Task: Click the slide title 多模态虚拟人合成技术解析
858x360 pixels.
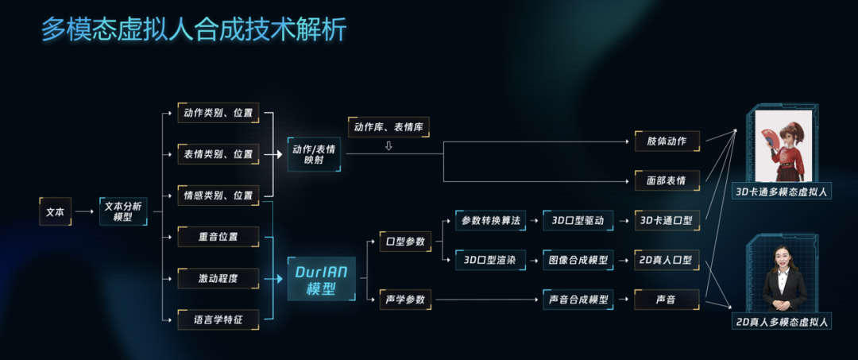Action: [194, 30]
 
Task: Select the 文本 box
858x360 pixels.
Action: [55, 211]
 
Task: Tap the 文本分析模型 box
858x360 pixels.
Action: [123, 211]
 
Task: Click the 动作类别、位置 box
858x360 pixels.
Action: [218, 113]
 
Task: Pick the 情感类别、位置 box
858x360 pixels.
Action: [218, 195]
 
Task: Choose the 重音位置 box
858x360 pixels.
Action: [218, 236]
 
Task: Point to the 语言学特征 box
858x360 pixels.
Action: [218, 320]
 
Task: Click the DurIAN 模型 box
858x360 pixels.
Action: [321, 278]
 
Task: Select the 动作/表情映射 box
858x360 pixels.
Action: [315, 153]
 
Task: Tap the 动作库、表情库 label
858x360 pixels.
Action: [388, 126]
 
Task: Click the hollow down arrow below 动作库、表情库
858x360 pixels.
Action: [388, 145]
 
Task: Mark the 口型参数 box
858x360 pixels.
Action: [405, 241]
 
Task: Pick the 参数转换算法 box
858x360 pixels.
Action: [490, 220]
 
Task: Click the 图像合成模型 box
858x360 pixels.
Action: [578, 260]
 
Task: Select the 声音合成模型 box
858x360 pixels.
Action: [578, 300]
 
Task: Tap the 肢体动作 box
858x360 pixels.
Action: [667, 141]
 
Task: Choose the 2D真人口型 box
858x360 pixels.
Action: [667, 260]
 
